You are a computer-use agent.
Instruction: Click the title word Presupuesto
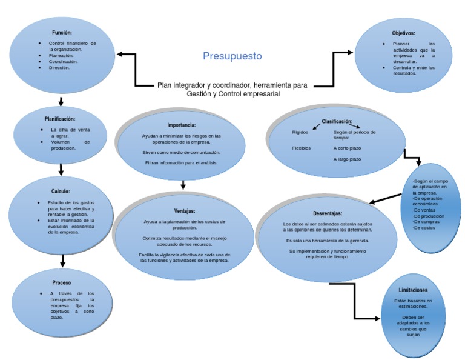point(232,56)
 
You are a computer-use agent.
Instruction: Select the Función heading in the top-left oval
point(61,32)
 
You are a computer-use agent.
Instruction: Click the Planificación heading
point(60,119)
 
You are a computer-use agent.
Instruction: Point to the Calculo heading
point(61,192)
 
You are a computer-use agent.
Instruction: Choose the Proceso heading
point(61,282)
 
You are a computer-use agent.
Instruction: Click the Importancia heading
point(181,125)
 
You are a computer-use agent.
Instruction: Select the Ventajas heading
point(184,211)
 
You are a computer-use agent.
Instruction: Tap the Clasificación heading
point(337,121)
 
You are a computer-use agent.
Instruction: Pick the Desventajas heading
point(328,213)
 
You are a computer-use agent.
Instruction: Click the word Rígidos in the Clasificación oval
point(300,132)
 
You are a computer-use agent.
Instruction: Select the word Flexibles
point(302,148)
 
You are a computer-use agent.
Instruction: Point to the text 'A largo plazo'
point(347,159)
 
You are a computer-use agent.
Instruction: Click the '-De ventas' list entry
point(424,210)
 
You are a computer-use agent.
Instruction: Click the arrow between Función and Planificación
point(61,101)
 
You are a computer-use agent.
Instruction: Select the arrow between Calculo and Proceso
point(62,260)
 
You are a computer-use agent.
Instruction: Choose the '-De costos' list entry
point(424,228)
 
